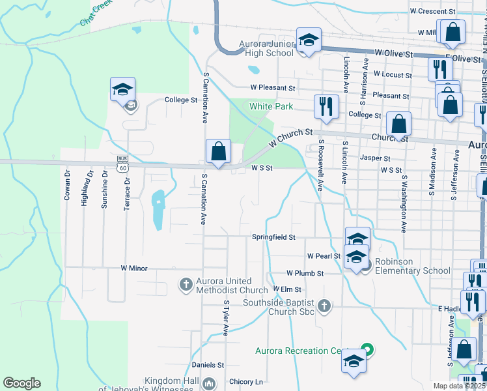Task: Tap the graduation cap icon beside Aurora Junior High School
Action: pos(309,40)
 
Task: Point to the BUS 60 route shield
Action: pos(122,164)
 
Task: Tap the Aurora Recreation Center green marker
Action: pos(367,350)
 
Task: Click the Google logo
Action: pos(21,383)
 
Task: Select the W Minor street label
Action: pos(134,268)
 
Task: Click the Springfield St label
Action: pos(273,237)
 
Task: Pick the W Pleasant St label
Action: pos(273,87)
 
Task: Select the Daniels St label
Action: pos(208,365)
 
